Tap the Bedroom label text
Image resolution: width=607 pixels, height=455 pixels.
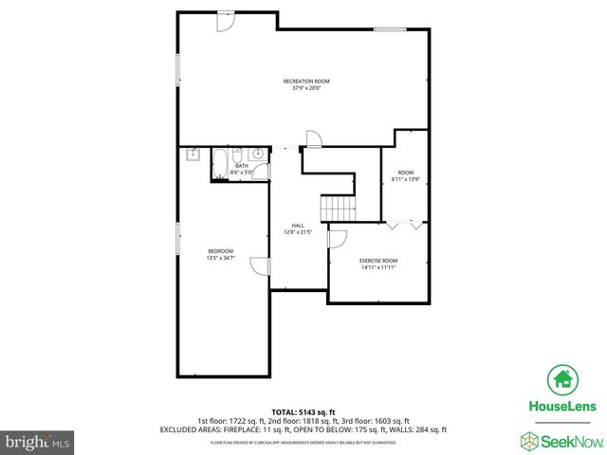220,251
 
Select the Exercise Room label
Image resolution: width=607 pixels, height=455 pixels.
377,261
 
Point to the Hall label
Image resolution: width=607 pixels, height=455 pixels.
298,226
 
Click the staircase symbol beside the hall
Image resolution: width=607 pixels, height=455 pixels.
338,208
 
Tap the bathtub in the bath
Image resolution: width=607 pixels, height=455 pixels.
218,163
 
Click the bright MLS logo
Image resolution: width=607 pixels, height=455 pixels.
36,442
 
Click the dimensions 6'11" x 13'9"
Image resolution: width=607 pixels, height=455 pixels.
405,179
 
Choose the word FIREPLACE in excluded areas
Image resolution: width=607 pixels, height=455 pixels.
248,429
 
